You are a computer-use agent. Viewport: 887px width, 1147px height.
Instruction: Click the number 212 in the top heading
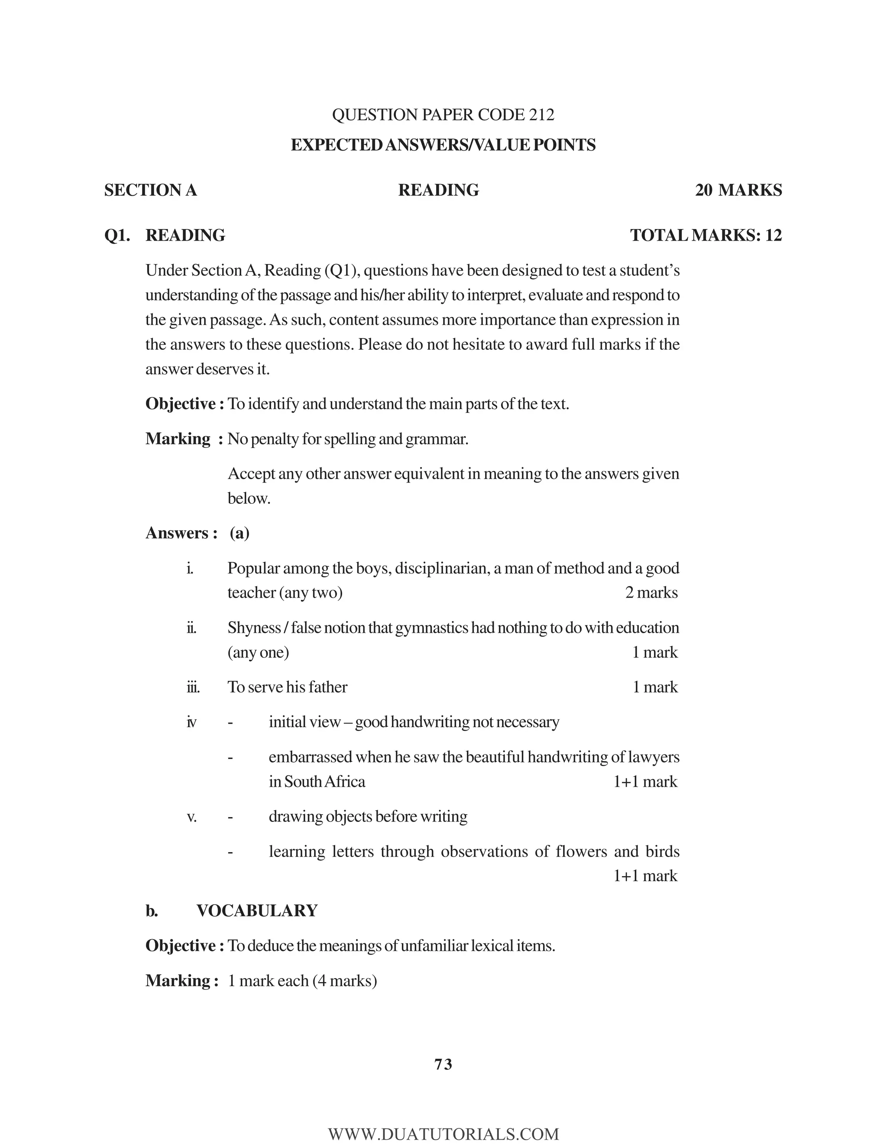tap(541, 115)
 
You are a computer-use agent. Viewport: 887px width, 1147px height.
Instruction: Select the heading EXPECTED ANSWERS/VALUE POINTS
tap(443, 145)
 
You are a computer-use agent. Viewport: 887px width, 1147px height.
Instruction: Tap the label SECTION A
tap(150, 190)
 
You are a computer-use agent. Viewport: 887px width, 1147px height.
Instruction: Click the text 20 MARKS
tap(738, 190)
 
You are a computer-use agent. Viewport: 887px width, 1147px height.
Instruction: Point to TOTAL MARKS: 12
tap(706, 235)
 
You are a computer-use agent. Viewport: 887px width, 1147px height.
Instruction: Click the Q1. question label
tap(117, 235)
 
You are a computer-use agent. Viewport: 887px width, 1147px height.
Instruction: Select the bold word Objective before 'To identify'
tap(181, 404)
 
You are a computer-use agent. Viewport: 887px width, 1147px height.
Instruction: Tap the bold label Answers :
tap(181, 533)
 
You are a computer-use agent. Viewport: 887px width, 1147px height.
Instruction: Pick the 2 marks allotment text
tap(651, 593)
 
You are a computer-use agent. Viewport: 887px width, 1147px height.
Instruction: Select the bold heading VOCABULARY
tap(257, 911)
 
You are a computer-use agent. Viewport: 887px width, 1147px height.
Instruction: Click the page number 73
tap(443, 1065)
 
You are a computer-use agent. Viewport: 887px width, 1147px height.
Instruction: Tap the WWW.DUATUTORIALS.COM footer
tap(443, 1134)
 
